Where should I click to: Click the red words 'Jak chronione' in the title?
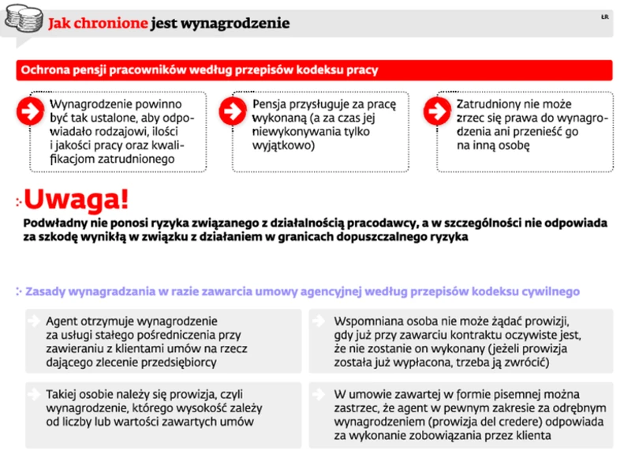tap(98, 24)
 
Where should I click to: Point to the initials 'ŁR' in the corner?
tap(603, 17)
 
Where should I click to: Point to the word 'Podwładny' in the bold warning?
tap(54, 222)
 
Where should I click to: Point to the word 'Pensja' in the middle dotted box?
tap(271, 103)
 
